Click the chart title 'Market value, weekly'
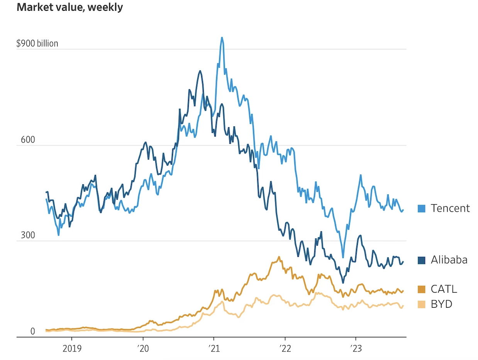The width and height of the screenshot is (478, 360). coord(70,8)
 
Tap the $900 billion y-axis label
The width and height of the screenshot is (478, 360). coord(37,43)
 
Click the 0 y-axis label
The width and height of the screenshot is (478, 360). coord(32,331)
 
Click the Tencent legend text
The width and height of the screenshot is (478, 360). coord(450,208)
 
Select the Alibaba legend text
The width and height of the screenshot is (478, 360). coord(449,260)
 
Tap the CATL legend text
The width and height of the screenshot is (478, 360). coord(444,289)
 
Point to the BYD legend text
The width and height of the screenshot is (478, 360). coord(441,304)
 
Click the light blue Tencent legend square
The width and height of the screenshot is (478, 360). coord(422,209)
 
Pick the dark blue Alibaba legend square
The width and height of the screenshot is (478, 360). coord(422,261)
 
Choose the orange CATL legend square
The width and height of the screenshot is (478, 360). coord(422,289)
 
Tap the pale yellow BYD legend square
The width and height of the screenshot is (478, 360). coord(422,305)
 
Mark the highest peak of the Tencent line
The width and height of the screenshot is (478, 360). coord(222,37)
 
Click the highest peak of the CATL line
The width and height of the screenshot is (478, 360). coord(279,256)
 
